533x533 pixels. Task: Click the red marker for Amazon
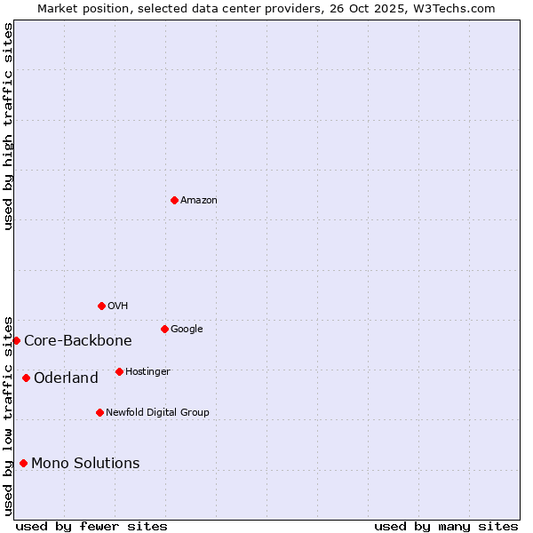point(174,200)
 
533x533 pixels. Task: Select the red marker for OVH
point(101,306)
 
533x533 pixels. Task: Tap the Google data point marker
point(164,329)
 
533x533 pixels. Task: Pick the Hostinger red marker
point(119,371)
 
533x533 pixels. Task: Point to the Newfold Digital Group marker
point(99,412)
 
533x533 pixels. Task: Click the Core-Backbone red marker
point(16,340)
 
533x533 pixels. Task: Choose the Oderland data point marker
point(26,378)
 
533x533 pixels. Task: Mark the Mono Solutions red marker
point(23,463)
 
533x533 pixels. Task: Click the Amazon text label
point(199,201)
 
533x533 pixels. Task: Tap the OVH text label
point(118,306)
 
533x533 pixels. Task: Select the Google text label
point(187,330)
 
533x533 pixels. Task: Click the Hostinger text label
point(147,372)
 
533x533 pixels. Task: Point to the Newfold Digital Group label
point(157,413)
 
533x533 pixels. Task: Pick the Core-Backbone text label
point(78,341)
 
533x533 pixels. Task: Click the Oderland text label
point(66,378)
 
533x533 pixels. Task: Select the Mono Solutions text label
point(85,464)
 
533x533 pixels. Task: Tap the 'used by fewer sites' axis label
point(91,526)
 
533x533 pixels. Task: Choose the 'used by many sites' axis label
point(446,526)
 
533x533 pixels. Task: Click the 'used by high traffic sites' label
point(8,126)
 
